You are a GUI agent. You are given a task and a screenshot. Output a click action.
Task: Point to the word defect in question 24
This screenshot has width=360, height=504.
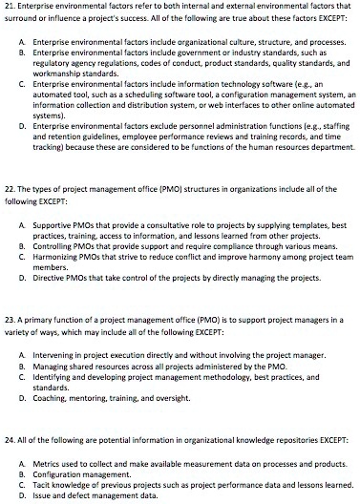(84, 495)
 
